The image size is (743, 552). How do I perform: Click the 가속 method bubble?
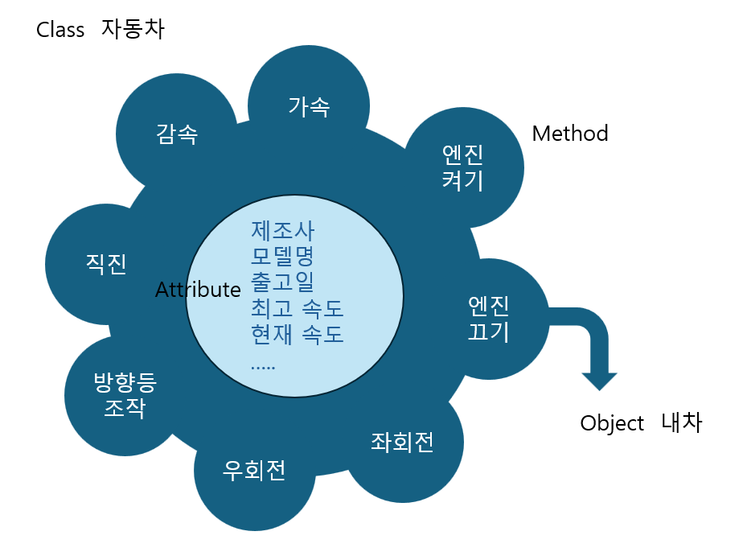(309, 106)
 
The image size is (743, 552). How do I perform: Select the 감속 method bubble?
(177, 134)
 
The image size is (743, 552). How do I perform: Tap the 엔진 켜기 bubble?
(463, 167)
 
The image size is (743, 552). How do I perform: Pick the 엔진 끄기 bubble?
(489, 319)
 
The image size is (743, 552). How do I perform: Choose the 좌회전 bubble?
(402, 443)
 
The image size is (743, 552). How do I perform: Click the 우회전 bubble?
(254, 470)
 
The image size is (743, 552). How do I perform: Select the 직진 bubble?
(106, 265)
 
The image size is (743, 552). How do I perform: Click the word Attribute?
(198, 290)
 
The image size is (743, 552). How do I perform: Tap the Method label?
(570, 134)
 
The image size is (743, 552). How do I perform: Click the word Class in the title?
(60, 31)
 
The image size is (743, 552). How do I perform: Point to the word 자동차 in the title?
(133, 31)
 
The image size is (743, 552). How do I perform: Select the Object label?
(612, 423)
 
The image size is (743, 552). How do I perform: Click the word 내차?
(682, 423)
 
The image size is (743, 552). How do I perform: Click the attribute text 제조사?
(283, 230)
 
